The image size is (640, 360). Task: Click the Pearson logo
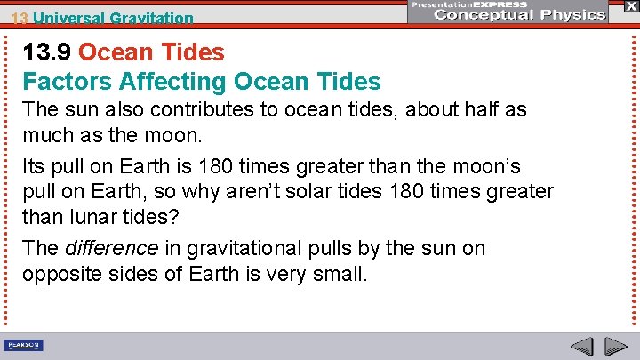[x=24, y=346]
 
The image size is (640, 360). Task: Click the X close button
[x=629, y=5]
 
